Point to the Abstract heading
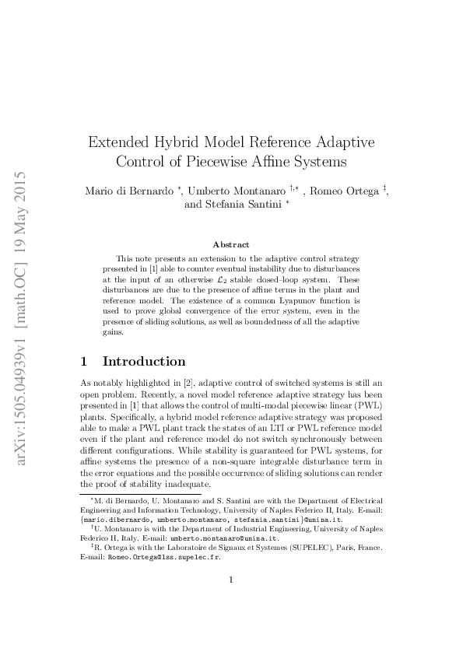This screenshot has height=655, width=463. (x=231, y=244)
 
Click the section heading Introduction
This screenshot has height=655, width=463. (x=144, y=361)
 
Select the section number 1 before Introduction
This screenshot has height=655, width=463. (x=86, y=361)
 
